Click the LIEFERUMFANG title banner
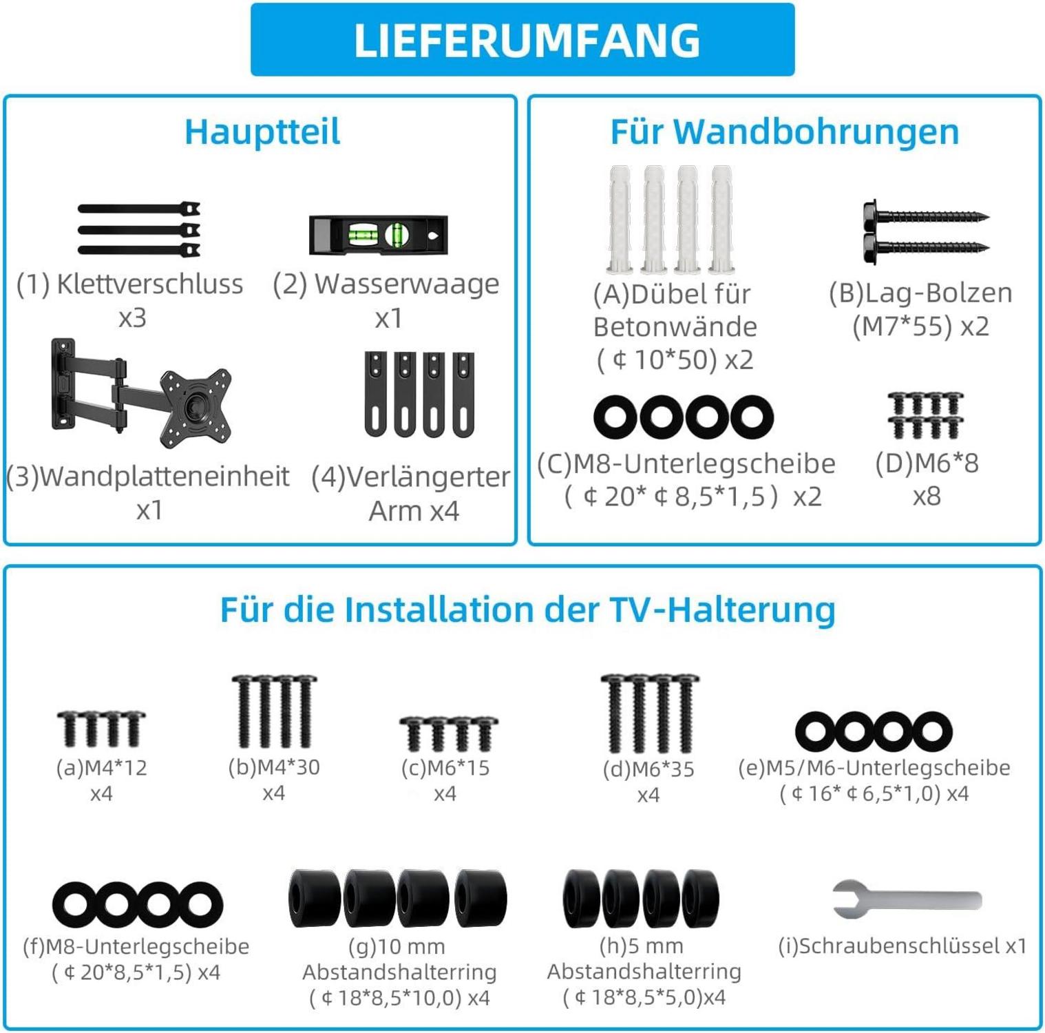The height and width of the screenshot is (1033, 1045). [x=522, y=39]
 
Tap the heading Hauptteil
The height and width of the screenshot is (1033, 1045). [x=262, y=132]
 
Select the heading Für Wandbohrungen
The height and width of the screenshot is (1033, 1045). [x=785, y=132]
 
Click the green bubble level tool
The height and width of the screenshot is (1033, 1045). [x=379, y=235]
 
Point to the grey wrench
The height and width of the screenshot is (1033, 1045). [x=907, y=899]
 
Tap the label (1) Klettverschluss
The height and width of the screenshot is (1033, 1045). [x=130, y=284]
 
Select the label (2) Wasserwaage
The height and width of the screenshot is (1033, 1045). [x=386, y=284]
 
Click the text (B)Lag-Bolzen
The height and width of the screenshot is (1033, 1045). [x=921, y=293]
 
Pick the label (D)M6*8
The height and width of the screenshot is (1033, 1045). [x=927, y=463]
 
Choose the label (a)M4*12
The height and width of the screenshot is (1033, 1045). [x=102, y=767]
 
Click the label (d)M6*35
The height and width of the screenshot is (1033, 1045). [x=648, y=769]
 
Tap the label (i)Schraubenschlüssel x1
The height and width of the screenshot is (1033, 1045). [x=902, y=946]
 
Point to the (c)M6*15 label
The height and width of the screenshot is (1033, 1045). [x=445, y=767]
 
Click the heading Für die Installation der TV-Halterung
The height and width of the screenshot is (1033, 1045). [x=528, y=609]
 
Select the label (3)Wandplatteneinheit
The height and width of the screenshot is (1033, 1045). [x=147, y=477]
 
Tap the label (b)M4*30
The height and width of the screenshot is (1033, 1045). [x=274, y=766]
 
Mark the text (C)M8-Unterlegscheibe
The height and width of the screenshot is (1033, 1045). [x=686, y=463]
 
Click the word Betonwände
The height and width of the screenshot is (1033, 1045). [x=675, y=326]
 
